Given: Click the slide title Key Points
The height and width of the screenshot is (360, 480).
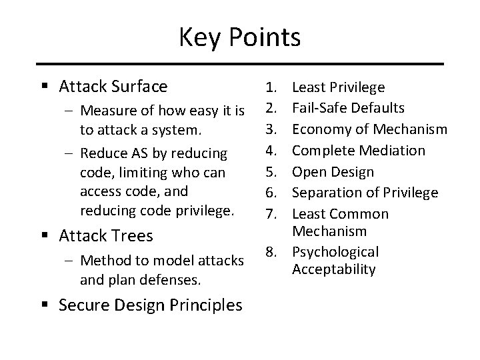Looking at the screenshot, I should tap(239, 37).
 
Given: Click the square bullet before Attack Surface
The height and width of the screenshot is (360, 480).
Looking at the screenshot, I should tap(45, 87).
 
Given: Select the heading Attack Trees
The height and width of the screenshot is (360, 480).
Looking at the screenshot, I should tap(106, 235).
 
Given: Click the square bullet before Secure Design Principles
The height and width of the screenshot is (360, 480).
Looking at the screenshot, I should tap(45, 305).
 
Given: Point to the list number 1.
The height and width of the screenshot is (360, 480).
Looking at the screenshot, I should tap(271, 87).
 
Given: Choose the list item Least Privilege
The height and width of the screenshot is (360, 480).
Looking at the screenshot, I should tap(339, 87).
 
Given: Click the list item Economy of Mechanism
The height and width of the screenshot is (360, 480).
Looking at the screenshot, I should tap(370, 129).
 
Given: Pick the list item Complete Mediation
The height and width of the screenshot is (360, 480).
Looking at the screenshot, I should tap(359, 151).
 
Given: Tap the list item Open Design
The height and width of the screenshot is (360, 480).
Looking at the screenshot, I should tap(333, 171).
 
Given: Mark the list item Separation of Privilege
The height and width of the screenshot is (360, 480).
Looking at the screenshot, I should tap(365, 193).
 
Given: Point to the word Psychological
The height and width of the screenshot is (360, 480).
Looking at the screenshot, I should tap(335, 252).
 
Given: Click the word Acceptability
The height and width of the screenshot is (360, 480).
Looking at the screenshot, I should tap(334, 269).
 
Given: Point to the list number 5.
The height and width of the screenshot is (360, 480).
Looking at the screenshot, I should tap(271, 171).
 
